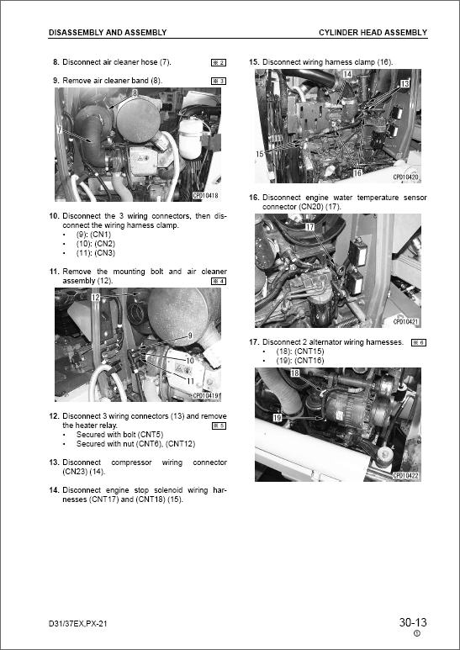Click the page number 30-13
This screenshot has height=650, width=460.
coord(413,622)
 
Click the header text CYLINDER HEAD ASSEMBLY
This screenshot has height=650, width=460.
coord(373,32)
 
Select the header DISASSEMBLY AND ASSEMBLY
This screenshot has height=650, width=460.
coord(108,32)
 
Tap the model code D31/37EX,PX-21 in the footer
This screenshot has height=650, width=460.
coord(78,623)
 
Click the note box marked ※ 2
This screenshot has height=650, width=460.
coord(219,62)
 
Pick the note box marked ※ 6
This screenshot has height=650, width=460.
coord(419,342)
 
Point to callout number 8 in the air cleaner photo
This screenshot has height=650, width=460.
coord(135,93)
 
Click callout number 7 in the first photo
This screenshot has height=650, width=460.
coord(60,129)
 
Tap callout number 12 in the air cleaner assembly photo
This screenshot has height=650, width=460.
coord(96,297)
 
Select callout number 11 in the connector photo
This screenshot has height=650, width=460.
coord(190,381)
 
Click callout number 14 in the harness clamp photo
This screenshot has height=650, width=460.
coord(347,74)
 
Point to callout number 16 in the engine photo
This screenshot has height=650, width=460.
coord(357,172)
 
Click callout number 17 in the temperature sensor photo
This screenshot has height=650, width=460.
coord(309,227)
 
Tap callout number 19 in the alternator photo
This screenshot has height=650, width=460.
coord(278,417)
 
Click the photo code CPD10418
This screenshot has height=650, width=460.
coord(205,195)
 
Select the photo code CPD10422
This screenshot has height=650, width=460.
coord(405,475)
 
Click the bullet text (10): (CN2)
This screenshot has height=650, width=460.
coord(96,244)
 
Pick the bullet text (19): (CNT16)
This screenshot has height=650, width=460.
coord(300,361)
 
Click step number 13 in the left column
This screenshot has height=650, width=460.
coord(55,462)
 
